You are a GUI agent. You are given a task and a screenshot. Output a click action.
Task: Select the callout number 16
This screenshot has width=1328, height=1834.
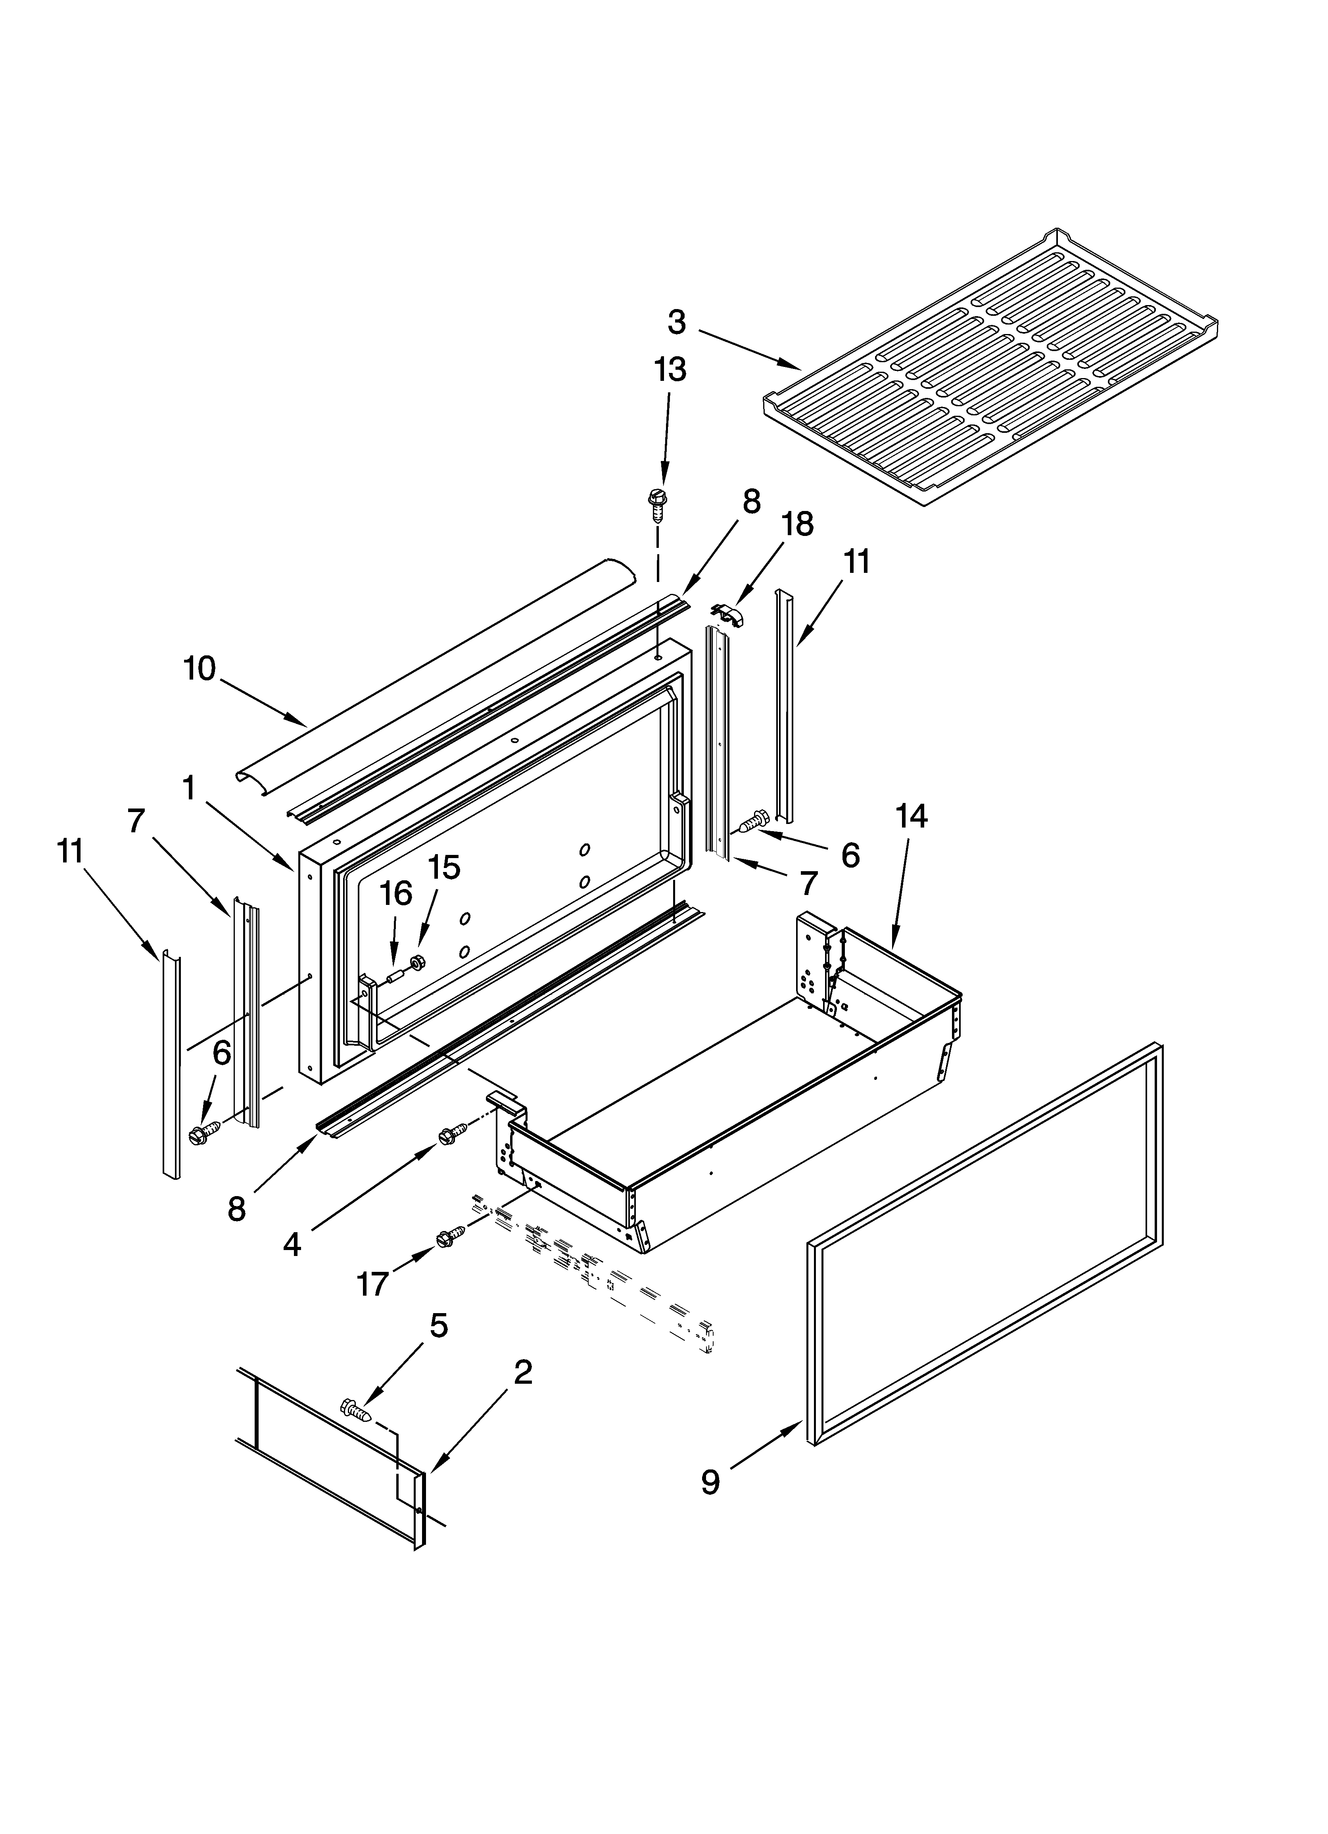pyautogui.click(x=396, y=893)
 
